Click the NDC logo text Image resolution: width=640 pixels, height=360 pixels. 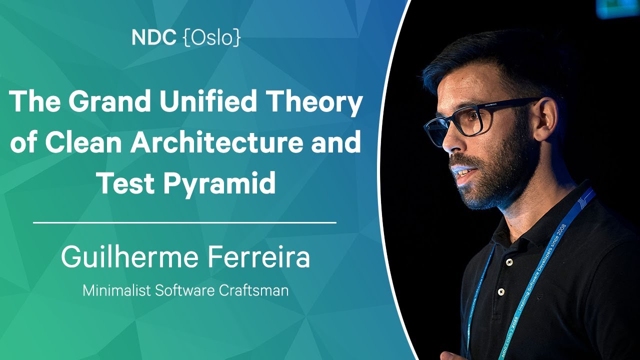click(153, 37)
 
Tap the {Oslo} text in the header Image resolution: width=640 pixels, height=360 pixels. click(212, 38)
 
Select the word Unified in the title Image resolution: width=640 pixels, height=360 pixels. click(207, 101)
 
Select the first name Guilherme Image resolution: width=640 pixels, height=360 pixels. click(129, 256)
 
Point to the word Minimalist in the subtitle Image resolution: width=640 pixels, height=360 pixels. click(116, 290)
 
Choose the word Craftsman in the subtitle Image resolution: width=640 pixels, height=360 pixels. click(253, 290)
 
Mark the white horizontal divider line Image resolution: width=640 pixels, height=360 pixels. click(184, 222)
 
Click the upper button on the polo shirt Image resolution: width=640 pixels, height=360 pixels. click(509, 261)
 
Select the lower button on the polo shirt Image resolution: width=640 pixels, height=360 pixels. click(500, 291)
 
